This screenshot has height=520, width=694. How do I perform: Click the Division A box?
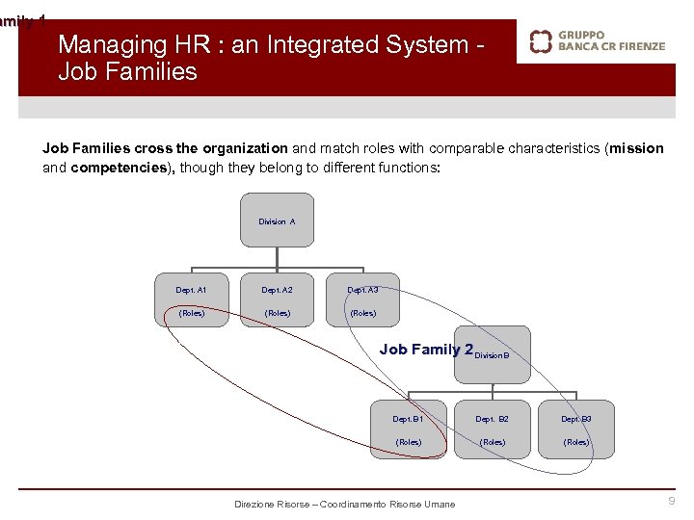click(x=277, y=221)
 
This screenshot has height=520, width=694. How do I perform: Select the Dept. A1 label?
click(x=191, y=289)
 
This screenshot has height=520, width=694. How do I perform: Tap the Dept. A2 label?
click(x=278, y=289)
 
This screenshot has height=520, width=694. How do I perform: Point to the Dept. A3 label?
click(x=362, y=289)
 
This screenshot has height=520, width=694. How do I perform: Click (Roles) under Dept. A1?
click(x=191, y=313)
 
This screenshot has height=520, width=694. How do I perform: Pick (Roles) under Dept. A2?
click(x=278, y=313)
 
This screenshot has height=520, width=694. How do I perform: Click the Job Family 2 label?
click(x=425, y=350)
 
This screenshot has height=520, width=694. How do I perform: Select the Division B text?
click(x=491, y=355)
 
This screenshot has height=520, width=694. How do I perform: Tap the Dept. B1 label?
click(x=408, y=419)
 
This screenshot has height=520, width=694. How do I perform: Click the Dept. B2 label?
click(x=493, y=419)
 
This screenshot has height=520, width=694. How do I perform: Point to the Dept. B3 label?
click(x=576, y=419)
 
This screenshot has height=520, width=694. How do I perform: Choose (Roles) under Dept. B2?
click(x=493, y=442)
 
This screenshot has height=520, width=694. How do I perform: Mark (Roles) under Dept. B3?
click(x=576, y=442)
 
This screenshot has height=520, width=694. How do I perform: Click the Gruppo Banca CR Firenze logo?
click(x=598, y=40)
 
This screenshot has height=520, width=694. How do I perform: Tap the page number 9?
click(x=672, y=501)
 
